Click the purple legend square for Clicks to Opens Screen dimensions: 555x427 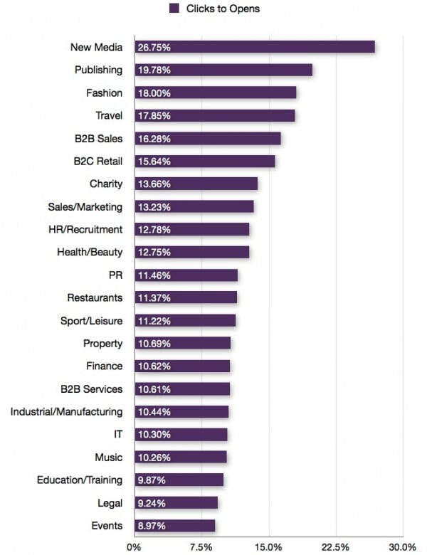[173, 9]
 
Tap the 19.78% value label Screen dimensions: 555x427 [153, 70]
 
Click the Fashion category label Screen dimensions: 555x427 [104, 93]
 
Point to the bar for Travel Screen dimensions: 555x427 [214, 116]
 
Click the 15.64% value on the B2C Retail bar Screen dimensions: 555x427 [153, 162]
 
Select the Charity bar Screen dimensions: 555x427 [195, 184]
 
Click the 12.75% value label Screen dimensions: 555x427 [153, 253]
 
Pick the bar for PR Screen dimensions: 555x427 [185, 275]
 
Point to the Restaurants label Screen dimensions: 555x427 [95, 297]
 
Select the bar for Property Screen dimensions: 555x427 [181, 344]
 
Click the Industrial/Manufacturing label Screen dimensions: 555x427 [66, 411]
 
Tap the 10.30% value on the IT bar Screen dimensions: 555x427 [153, 435]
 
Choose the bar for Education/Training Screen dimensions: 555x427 [178, 480]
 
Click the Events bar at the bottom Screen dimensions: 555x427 [174, 526]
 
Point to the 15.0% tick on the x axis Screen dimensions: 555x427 [268, 546]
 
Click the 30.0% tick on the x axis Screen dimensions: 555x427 [402, 546]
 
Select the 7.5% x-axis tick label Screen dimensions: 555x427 [201, 546]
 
